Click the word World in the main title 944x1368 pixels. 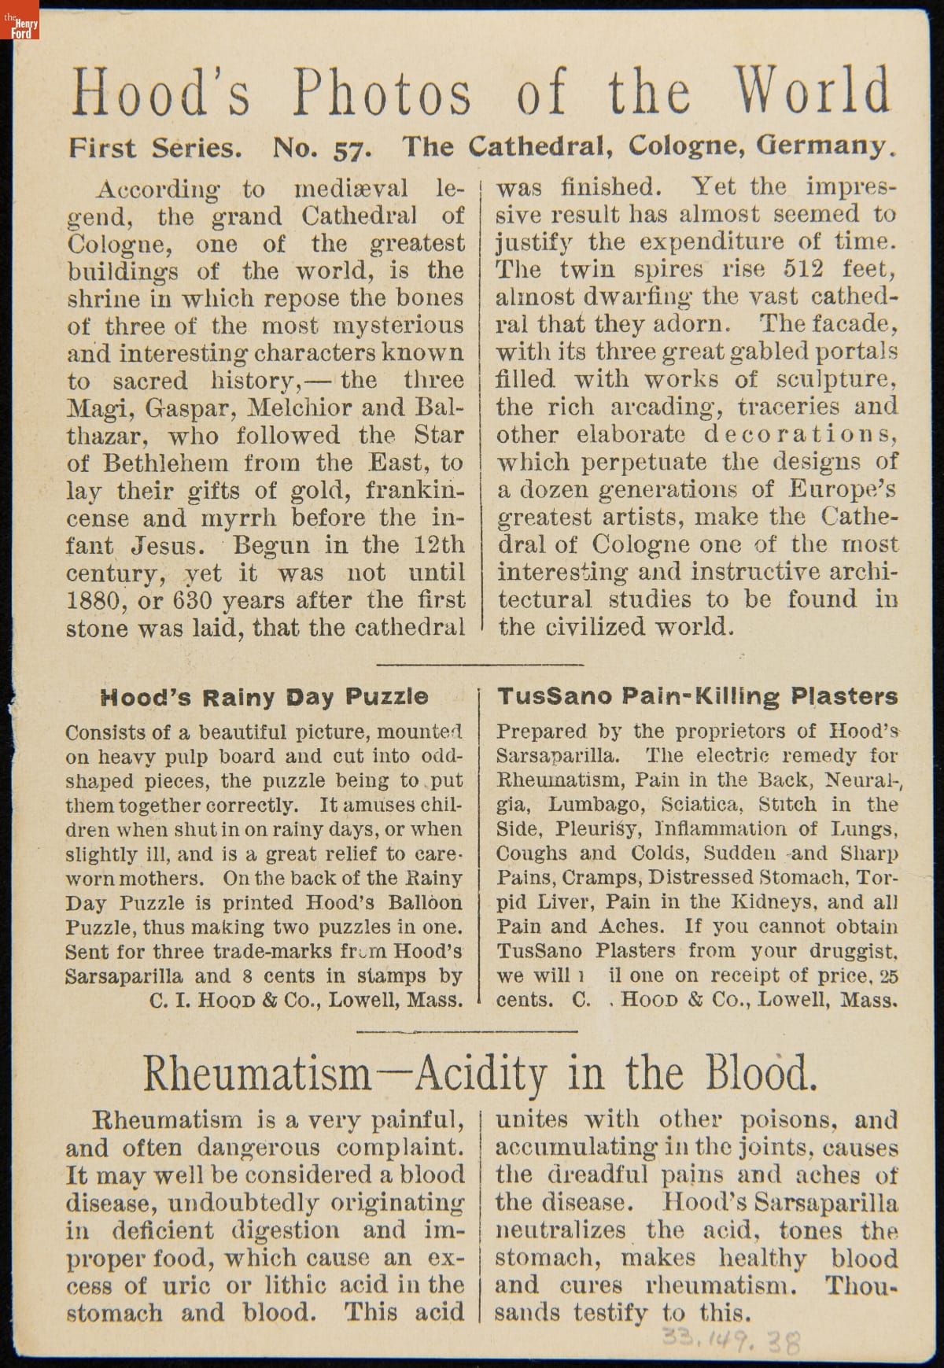814,92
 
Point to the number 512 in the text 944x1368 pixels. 803,269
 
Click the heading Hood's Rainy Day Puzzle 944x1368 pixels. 264,697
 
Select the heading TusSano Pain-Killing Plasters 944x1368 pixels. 697,696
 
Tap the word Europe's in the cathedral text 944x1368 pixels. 843,489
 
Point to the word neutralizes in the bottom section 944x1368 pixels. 560,1230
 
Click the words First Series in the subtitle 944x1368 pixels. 155,148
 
